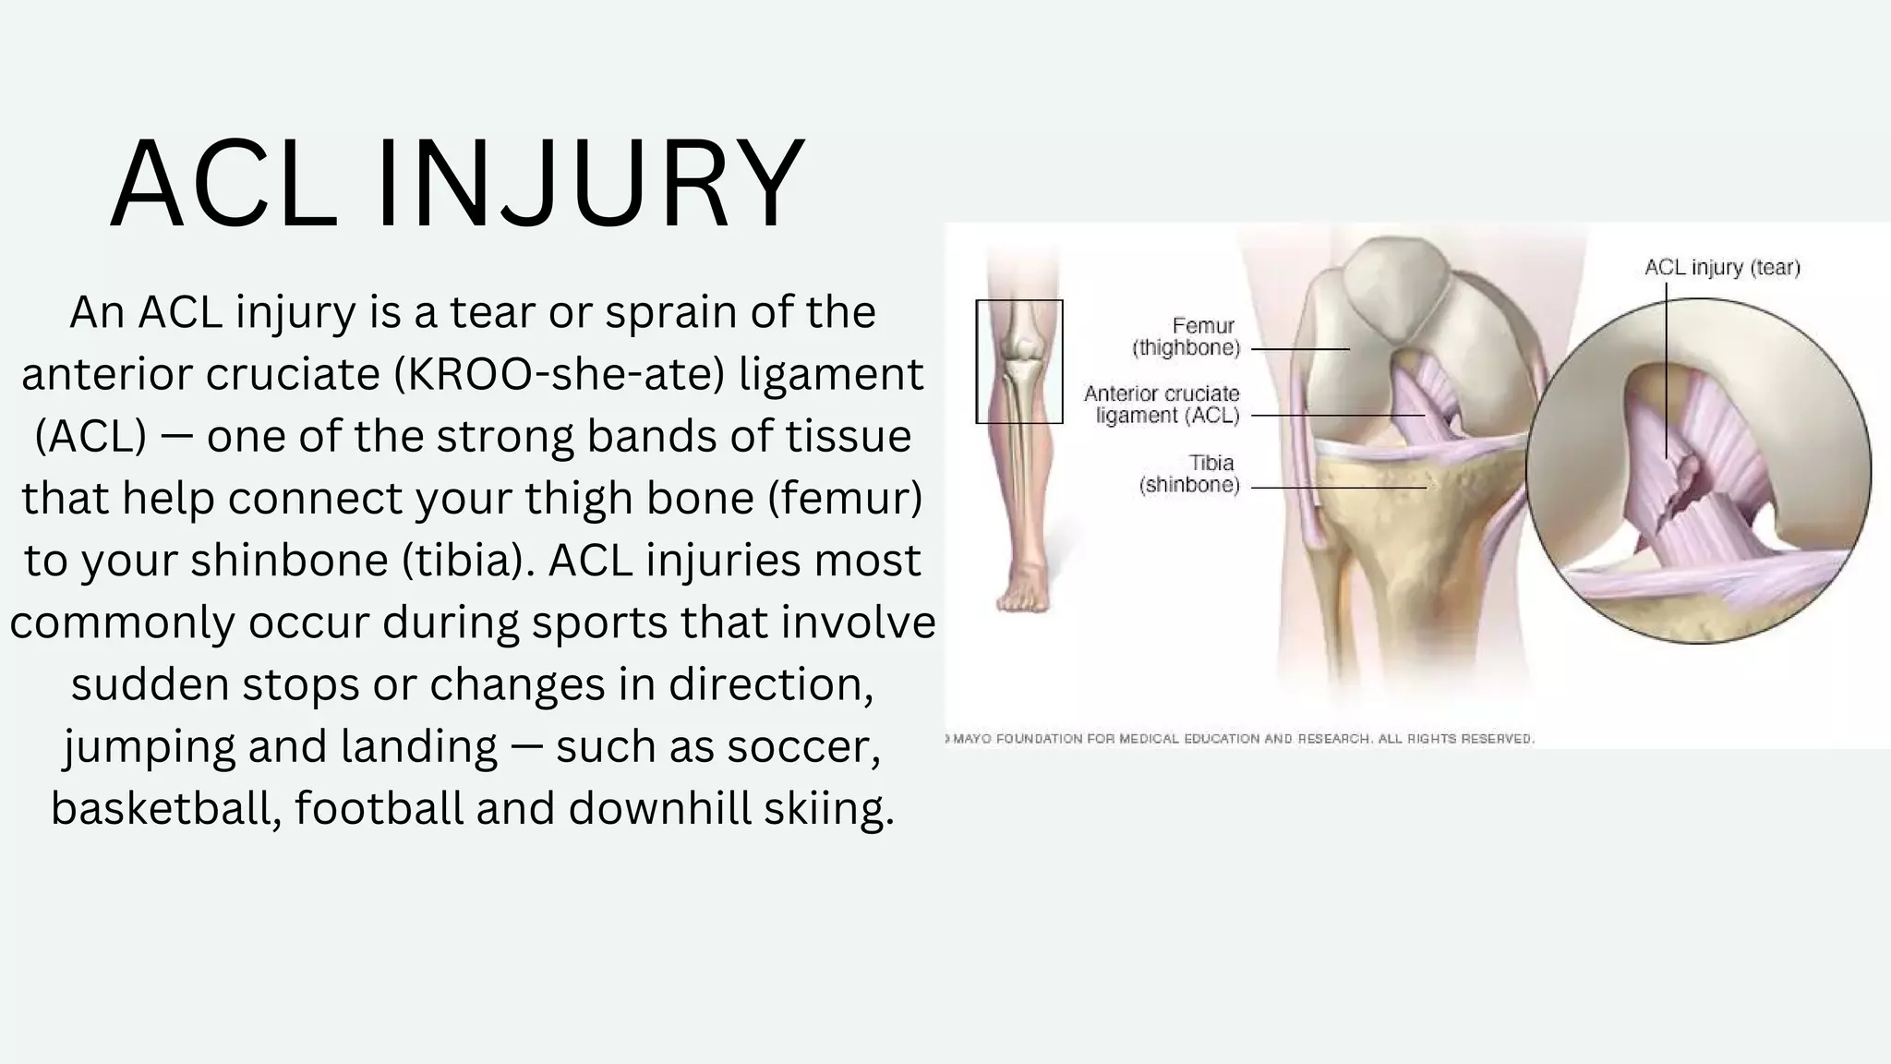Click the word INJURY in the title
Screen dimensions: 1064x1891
591,183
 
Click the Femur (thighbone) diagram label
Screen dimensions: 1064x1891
1189,337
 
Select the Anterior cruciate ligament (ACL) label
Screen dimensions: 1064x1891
1163,405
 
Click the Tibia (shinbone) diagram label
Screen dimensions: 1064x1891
1191,474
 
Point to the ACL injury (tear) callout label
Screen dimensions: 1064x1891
1722,268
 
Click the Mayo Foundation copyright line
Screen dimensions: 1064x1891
1242,739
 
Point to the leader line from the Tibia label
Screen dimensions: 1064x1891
1338,488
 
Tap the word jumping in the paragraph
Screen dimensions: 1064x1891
149,746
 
